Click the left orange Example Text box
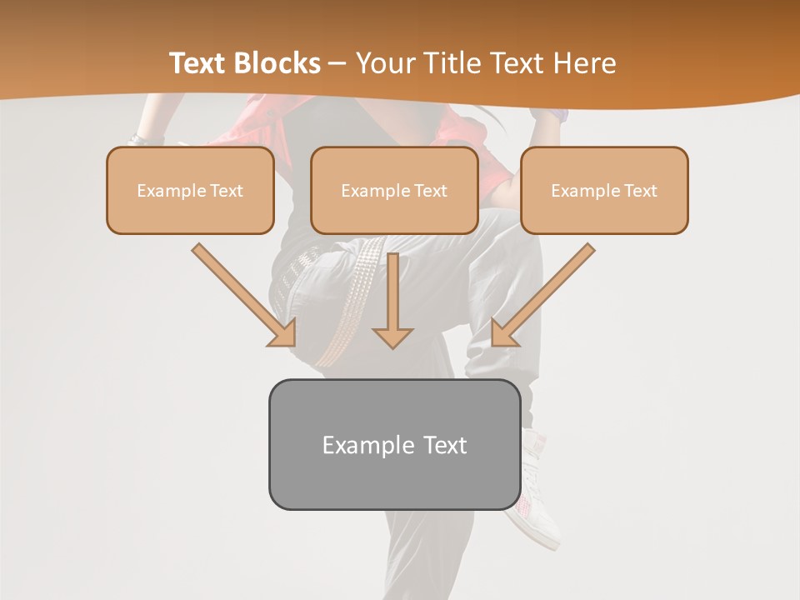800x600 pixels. [190, 190]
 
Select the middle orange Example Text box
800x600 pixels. [394, 190]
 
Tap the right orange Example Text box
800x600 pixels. [604, 190]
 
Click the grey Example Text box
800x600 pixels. [394, 444]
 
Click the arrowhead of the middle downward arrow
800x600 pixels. [392, 337]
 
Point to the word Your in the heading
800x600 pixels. [386, 63]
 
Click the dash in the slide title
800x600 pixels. [337, 63]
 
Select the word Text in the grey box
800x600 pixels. [445, 445]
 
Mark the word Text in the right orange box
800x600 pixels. [640, 191]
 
